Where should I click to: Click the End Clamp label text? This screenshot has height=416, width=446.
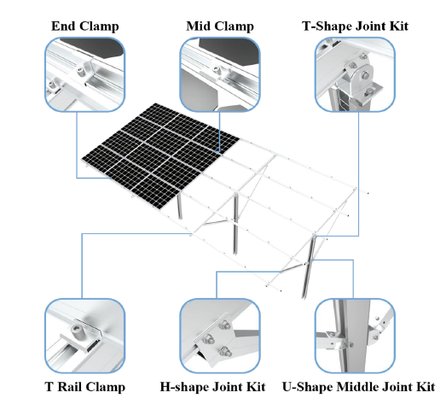[84, 26]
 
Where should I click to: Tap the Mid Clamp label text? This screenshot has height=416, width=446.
[220, 26]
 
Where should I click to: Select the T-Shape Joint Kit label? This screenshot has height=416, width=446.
[355, 26]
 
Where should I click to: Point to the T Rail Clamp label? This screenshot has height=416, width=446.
[84, 387]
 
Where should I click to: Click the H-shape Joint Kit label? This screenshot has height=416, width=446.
[212, 387]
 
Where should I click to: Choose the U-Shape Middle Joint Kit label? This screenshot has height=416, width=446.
[358, 387]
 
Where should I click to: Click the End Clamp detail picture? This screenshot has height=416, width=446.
[84, 74]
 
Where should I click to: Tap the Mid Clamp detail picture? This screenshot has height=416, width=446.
[220, 74]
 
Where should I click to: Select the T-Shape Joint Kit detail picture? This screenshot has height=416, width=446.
[355, 74]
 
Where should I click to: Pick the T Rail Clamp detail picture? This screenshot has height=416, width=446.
[84, 336]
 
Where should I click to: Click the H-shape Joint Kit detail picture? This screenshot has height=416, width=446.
[220, 336]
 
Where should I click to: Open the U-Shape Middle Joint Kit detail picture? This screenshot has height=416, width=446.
[355, 336]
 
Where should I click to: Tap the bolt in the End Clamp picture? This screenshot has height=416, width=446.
[81, 71]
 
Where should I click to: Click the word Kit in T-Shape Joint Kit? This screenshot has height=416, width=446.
[399, 26]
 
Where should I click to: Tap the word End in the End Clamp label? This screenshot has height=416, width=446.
[64, 26]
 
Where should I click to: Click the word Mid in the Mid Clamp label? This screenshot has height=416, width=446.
[199, 26]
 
